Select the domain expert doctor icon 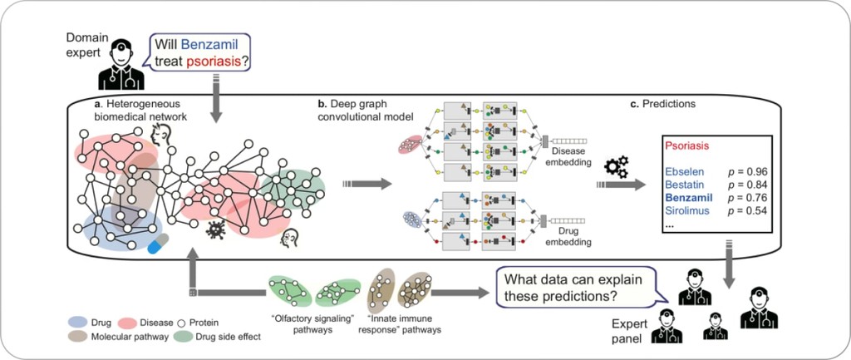pos(120,67)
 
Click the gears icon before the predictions pos(616,166)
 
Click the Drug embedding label pos(568,239)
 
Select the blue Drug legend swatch pos(78,322)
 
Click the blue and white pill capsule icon pos(158,242)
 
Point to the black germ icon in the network pos(217,229)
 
